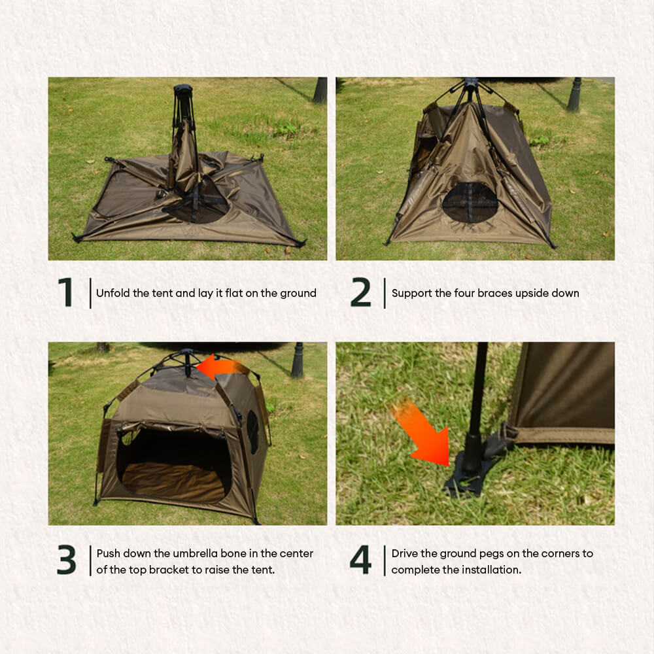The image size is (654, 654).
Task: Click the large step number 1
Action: tap(65, 292)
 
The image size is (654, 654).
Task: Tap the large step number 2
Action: tap(360, 292)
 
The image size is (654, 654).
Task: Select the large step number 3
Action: tap(66, 560)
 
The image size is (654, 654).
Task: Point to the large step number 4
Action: tap(360, 560)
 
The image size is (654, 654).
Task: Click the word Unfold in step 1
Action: tap(112, 293)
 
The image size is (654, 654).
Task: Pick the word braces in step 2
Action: tap(494, 293)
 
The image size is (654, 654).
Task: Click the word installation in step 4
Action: tap(491, 570)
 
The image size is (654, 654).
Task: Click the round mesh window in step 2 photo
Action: tap(470, 203)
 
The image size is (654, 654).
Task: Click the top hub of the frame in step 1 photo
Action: tap(182, 90)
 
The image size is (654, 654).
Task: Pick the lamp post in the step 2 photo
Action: tap(574, 94)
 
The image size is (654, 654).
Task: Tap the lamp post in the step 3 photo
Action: tap(298, 360)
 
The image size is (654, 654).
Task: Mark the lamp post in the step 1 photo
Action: tap(320, 90)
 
